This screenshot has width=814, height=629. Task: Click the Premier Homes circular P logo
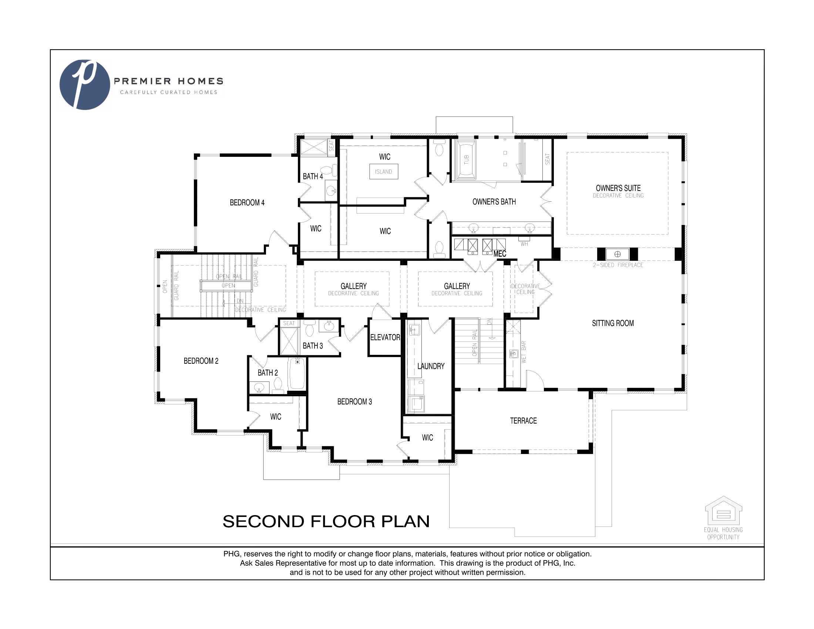(x=85, y=85)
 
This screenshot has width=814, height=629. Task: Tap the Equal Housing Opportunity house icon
(x=723, y=510)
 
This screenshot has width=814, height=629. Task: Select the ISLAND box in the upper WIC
(x=384, y=172)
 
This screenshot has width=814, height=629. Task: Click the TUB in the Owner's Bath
(x=466, y=159)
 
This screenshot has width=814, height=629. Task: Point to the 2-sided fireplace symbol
(x=617, y=254)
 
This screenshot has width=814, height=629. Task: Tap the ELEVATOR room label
(x=385, y=337)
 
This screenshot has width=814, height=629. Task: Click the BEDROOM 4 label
(x=247, y=203)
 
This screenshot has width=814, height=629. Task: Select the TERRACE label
(x=523, y=421)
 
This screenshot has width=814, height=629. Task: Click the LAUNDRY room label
(x=431, y=366)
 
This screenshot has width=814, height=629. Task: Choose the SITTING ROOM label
(x=613, y=323)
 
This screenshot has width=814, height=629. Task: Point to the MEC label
(x=500, y=254)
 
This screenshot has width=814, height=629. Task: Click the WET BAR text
(x=524, y=352)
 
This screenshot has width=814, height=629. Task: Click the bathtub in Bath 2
(x=297, y=374)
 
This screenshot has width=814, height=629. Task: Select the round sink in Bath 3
(x=329, y=327)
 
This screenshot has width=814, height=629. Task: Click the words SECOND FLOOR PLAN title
(x=326, y=521)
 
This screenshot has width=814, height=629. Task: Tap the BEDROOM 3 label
(x=354, y=402)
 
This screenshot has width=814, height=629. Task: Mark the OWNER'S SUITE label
(x=618, y=189)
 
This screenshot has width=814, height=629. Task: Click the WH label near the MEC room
(x=524, y=244)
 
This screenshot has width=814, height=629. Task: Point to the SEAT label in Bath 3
(x=289, y=323)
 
